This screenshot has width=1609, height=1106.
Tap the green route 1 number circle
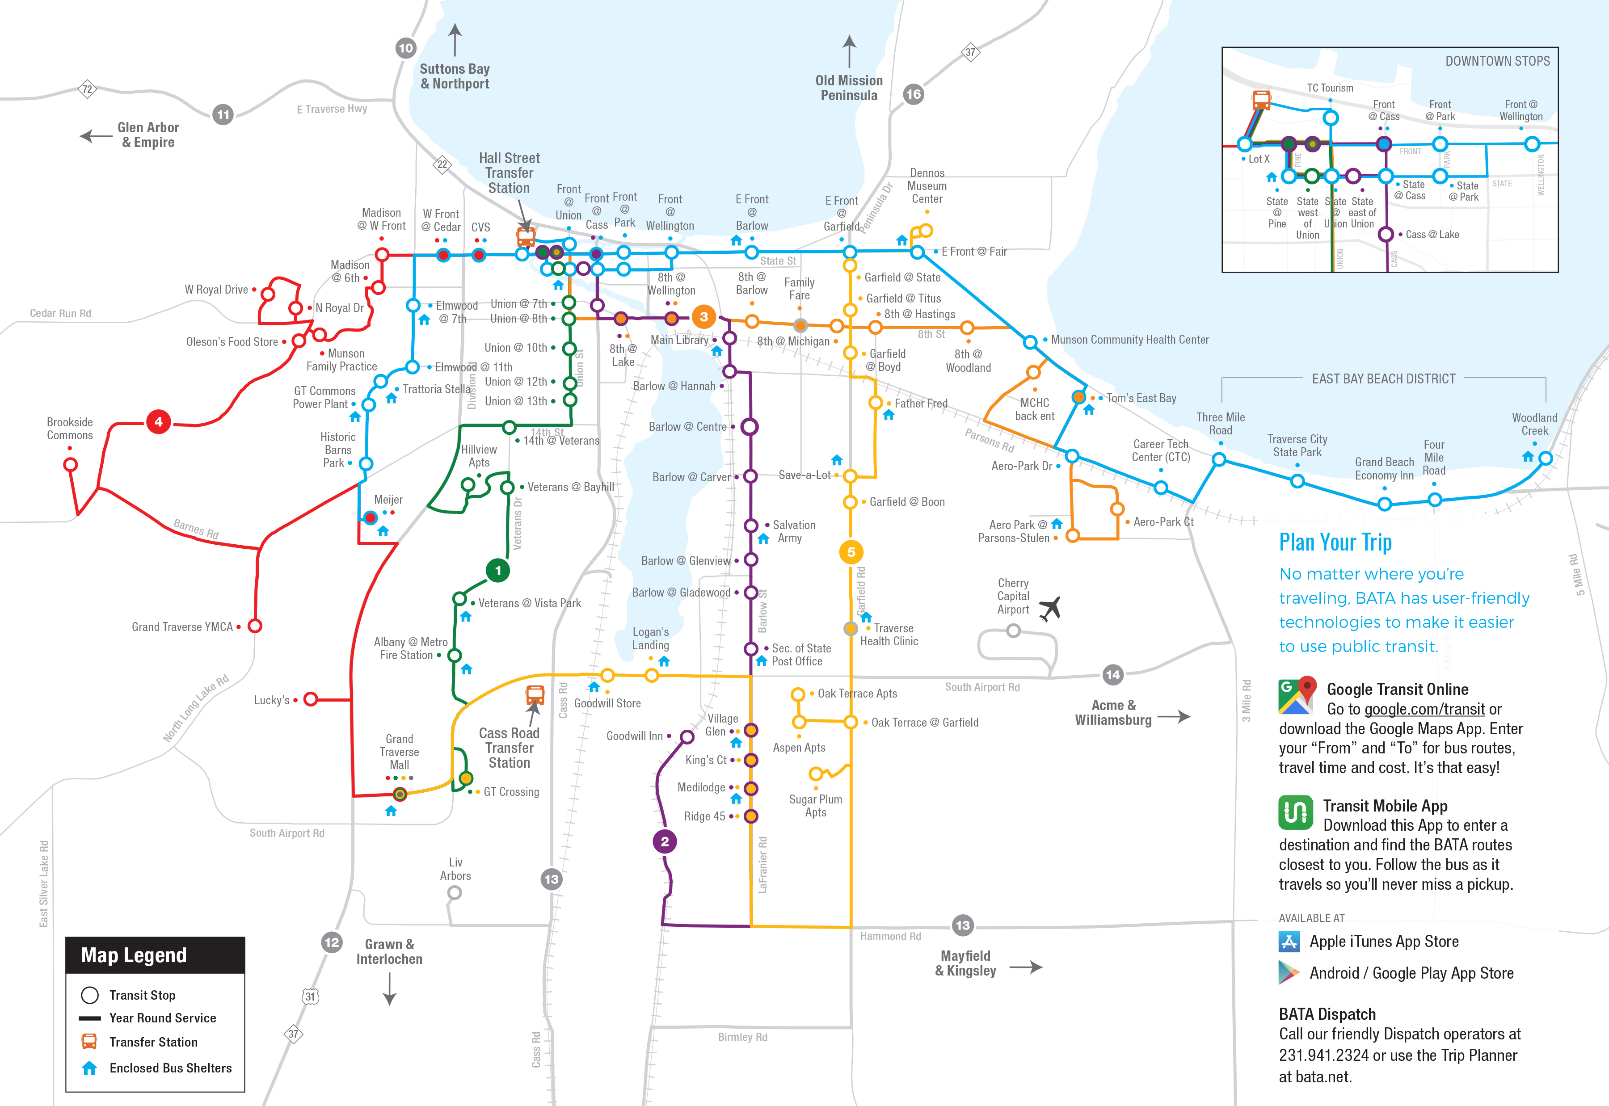[x=497, y=570]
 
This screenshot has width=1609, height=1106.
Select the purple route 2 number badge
[x=665, y=841]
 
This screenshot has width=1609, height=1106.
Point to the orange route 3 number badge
[x=703, y=317]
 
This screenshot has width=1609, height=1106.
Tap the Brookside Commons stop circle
[x=70, y=464]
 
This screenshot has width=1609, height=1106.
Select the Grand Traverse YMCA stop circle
[x=255, y=626]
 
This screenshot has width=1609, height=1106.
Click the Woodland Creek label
[x=1534, y=424]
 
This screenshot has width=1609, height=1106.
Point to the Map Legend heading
[x=134, y=955]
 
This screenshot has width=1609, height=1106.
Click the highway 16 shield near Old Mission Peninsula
[x=913, y=94]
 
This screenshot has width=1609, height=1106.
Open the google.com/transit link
[x=1424, y=709]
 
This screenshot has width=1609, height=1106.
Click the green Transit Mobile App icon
[x=1295, y=812]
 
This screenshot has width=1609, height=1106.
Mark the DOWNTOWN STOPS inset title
[x=1497, y=61]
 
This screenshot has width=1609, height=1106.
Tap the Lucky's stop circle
[x=311, y=699]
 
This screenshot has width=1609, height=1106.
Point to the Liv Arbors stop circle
[x=455, y=892]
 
